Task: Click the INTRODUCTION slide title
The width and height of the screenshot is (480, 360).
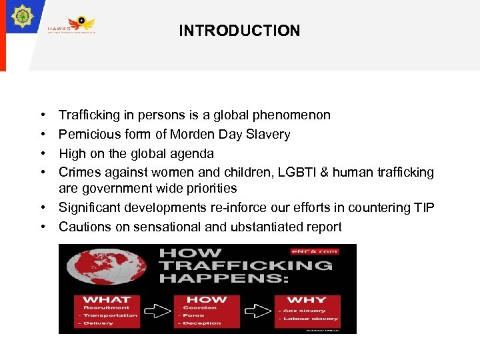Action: click(x=239, y=31)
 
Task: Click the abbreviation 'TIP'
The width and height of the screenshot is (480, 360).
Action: click(x=422, y=207)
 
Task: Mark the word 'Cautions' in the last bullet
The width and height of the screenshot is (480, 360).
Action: click(x=83, y=227)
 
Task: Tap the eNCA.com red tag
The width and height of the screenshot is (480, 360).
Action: click(x=323, y=252)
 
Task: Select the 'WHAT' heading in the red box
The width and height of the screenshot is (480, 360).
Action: click(x=107, y=300)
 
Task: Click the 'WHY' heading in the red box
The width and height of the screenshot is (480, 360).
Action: click(x=306, y=300)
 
